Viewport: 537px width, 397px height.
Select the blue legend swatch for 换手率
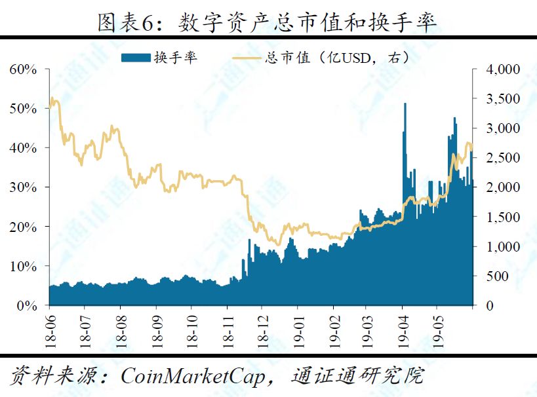135,58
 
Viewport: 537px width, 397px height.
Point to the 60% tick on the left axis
23,69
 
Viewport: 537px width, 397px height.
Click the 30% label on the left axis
23,187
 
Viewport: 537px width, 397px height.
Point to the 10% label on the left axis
23,267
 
